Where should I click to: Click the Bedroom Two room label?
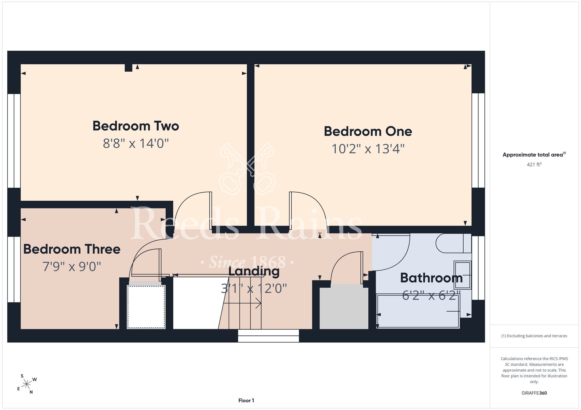136,126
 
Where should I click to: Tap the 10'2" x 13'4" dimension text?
368,149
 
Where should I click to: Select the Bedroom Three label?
72,249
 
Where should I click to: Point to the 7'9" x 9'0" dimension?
72,266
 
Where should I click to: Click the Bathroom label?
431,278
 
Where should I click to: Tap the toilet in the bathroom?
453,243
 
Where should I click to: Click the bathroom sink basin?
462,275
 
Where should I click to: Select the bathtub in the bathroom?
418,311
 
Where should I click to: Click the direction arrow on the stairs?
242,303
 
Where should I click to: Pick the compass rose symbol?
26,384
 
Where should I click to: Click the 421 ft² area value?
534,164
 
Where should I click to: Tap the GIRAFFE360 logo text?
534,393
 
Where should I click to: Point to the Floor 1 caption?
246,400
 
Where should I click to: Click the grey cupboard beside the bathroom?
344,306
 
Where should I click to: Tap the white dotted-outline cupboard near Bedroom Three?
146,307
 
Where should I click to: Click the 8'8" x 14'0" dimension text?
136,144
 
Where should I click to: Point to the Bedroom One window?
478,140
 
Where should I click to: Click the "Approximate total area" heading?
534,155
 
